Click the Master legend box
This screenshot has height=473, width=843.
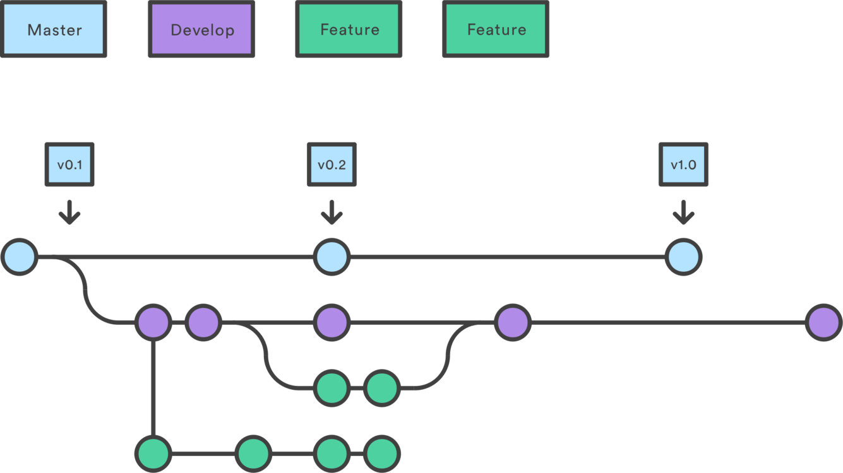(x=54, y=30)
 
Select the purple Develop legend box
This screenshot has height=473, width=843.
(x=201, y=30)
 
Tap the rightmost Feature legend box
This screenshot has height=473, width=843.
(x=496, y=30)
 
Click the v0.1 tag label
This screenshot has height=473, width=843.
(x=69, y=165)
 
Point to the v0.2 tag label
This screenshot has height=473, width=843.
(x=332, y=165)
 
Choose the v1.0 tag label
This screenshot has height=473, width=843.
(x=683, y=165)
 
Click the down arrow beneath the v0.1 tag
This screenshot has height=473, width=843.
(x=69, y=213)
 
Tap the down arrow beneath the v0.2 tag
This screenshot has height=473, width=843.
(x=332, y=213)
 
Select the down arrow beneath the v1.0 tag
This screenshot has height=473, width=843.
(x=683, y=213)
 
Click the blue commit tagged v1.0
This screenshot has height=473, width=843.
(x=683, y=257)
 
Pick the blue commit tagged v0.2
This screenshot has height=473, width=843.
(x=332, y=257)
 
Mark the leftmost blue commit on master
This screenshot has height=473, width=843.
(x=20, y=257)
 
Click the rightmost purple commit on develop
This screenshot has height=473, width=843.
(x=824, y=323)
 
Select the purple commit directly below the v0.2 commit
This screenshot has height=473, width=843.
(x=332, y=323)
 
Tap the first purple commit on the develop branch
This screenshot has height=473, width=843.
(x=153, y=323)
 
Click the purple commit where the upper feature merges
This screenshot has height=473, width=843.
(x=512, y=323)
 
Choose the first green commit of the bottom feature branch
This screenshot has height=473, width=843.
(x=153, y=453)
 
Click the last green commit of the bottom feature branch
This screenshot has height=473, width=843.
(x=381, y=453)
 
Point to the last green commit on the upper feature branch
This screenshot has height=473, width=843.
(x=381, y=388)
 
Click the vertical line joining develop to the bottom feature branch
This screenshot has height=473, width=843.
(x=153, y=388)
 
